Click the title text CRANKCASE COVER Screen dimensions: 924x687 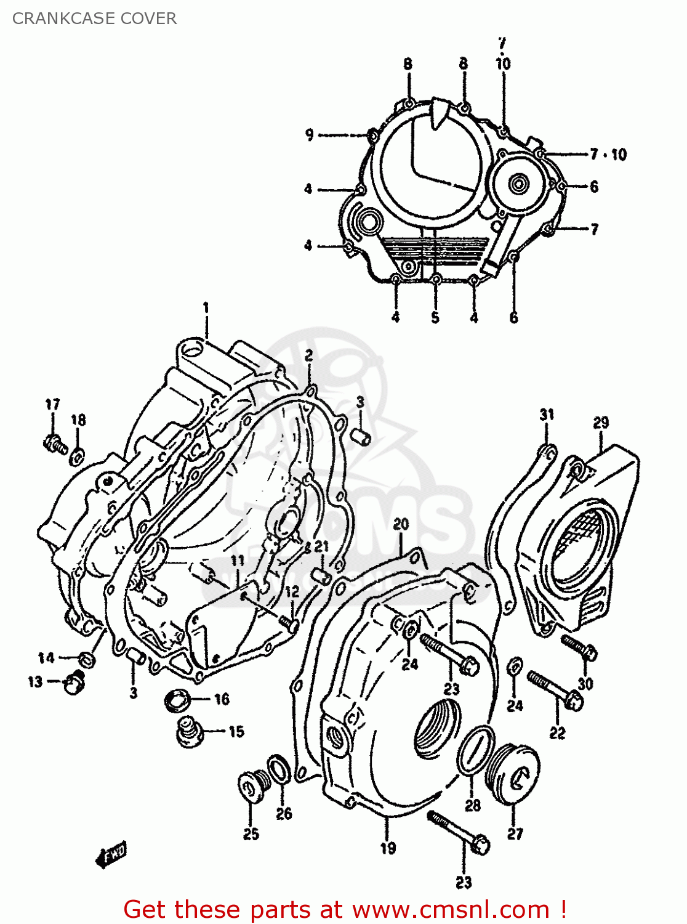[x=94, y=18]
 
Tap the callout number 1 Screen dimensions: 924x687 [x=206, y=307]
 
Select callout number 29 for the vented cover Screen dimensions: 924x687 [x=601, y=423]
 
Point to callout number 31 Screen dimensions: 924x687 [x=547, y=415]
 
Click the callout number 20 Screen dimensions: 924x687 [x=401, y=524]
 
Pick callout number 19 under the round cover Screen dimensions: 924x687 [x=388, y=848]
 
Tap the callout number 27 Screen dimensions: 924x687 [x=515, y=834]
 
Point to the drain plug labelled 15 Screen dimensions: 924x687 [x=189, y=732]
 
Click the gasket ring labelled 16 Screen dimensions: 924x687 [x=179, y=700]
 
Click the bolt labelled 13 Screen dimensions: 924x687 [x=74, y=683]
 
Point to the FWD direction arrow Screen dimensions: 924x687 [x=111, y=854]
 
